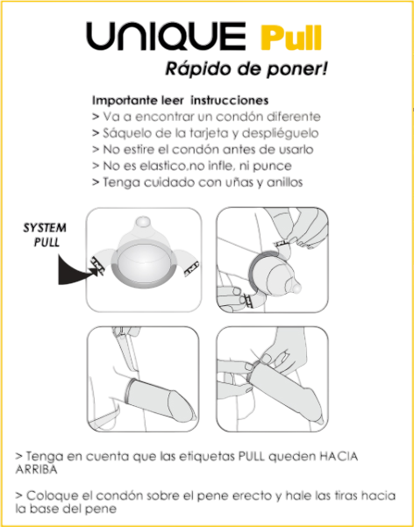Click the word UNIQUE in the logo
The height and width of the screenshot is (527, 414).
click(x=166, y=36)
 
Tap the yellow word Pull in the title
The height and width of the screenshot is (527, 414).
click(x=291, y=37)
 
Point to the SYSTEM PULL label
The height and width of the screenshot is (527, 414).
click(x=45, y=235)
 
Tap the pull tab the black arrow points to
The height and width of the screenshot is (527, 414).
click(x=97, y=264)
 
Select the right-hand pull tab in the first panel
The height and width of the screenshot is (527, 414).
click(x=192, y=268)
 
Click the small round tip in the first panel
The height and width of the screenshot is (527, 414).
click(x=143, y=223)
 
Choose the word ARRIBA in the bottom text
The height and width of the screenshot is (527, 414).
click(x=36, y=469)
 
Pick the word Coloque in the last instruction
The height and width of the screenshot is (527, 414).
click(x=50, y=496)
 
